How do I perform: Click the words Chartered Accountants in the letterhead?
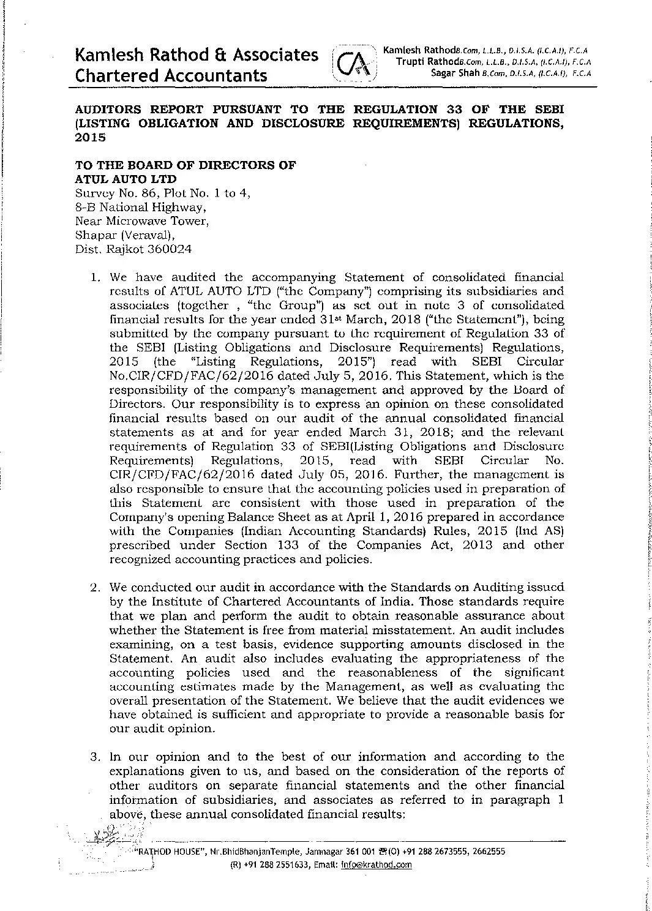pyautogui.click(x=171, y=75)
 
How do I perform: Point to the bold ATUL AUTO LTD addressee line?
pyautogui.click(x=126, y=179)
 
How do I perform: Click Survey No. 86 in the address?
pyautogui.click(x=110, y=193)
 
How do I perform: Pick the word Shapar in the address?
pyautogui.click(x=92, y=235)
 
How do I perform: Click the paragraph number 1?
pyautogui.click(x=94, y=277)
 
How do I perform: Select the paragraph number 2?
pyautogui.click(x=94, y=587)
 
